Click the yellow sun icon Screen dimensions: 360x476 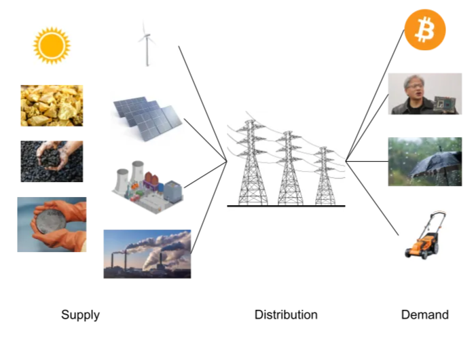[52, 46]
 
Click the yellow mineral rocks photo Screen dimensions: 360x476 [52, 105]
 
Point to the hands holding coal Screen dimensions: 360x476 [52, 161]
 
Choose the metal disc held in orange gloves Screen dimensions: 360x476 [52, 224]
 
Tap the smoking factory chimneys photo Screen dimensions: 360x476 [147, 253]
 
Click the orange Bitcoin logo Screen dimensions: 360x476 [424, 29]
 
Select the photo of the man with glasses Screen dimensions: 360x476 [425, 94]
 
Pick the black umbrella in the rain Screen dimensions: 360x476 [425, 162]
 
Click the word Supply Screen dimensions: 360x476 [80, 314]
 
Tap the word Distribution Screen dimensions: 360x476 [286, 314]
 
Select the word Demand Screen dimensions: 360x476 [425, 314]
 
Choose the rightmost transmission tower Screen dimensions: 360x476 [325, 177]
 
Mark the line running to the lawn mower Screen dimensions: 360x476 [373, 196]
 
